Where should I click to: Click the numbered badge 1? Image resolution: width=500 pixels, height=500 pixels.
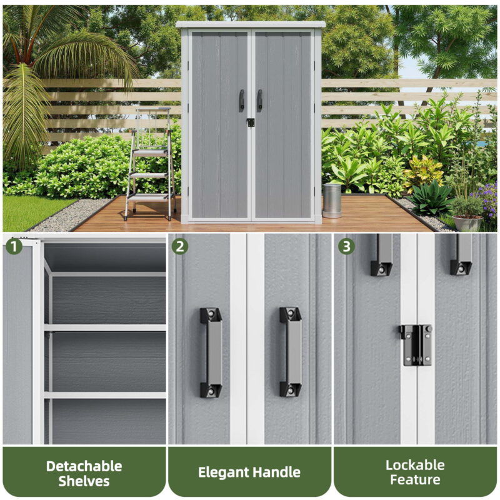[14, 247]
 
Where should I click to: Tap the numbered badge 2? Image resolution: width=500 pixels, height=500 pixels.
[180, 247]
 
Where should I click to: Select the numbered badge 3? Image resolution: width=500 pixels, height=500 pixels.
[346, 246]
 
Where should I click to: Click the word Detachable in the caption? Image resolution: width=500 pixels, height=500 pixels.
[84, 466]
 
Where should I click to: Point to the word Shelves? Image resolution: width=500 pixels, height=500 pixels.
[84, 481]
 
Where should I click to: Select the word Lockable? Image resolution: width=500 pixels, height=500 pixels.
[415, 465]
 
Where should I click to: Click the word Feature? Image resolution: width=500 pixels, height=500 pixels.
[415, 479]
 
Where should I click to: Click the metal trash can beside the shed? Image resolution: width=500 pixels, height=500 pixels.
[332, 201]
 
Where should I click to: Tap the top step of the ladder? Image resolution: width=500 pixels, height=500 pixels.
[150, 152]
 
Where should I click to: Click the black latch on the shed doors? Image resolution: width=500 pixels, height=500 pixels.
[251, 122]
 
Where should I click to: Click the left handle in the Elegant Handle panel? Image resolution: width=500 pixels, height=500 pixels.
[211, 352]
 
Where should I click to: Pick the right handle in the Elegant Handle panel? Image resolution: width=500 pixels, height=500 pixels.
[291, 352]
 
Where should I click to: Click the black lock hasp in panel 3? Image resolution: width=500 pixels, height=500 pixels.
[416, 345]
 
